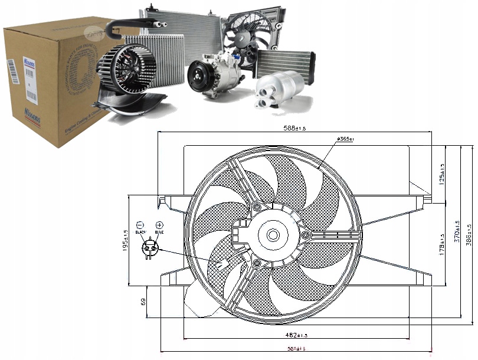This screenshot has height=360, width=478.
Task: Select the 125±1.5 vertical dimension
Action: pyautogui.click(x=443, y=172)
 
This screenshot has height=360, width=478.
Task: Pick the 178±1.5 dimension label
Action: pyautogui.click(x=443, y=244)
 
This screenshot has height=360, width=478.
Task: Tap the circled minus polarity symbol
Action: pyautogui.click(x=140, y=225)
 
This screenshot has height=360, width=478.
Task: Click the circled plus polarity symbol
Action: pyautogui.click(x=159, y=225)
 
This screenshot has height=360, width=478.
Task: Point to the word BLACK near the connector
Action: pyautogui.click(x=140, y=233)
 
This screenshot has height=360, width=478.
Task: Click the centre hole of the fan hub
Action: pyautogui.click(x=273, y=235)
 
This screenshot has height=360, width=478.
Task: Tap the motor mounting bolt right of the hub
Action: pyautogui.click(x=306, y=235)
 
